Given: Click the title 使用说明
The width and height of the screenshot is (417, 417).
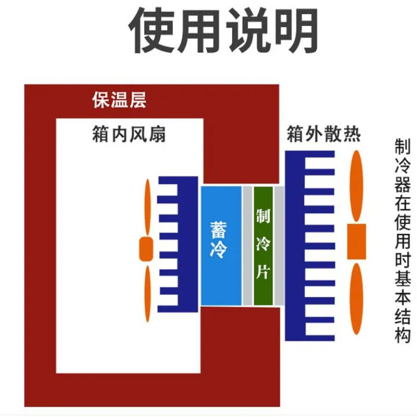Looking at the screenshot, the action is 224,29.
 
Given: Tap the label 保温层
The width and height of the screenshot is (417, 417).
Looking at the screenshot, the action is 118,100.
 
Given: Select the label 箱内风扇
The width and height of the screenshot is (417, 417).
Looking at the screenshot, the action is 128,134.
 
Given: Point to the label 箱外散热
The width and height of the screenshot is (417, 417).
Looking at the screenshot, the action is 323,134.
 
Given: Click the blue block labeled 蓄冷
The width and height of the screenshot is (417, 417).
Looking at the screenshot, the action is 221,245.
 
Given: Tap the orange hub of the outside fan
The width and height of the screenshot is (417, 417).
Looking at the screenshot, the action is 357,241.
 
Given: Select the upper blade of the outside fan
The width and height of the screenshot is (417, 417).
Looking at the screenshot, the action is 357,187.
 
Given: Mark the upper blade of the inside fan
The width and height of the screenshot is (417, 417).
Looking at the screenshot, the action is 148,208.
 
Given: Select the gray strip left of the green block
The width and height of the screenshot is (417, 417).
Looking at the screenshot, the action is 248,245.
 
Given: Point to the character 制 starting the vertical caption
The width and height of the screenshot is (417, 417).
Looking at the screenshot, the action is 402,146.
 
